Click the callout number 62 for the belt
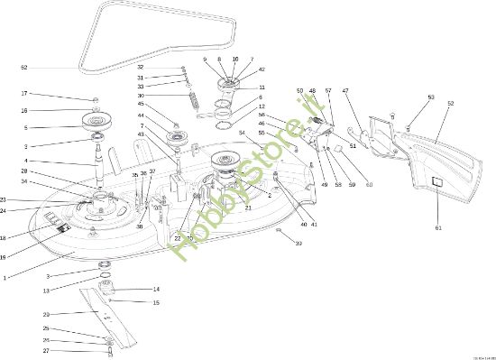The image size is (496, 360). coord(24,68)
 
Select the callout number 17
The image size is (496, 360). coord(24,94)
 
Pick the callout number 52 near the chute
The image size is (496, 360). coord(450,103)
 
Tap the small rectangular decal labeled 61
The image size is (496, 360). coord(435,183)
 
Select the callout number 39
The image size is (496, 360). coord(299,244)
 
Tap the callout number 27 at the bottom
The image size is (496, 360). coord(47,351)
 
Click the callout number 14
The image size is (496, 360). coord(156,289)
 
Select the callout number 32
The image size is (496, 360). coord(140,67)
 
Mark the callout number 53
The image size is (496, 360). coord(431,97)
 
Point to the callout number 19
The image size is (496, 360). coord(5,257)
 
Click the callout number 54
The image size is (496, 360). coord(242,134)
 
